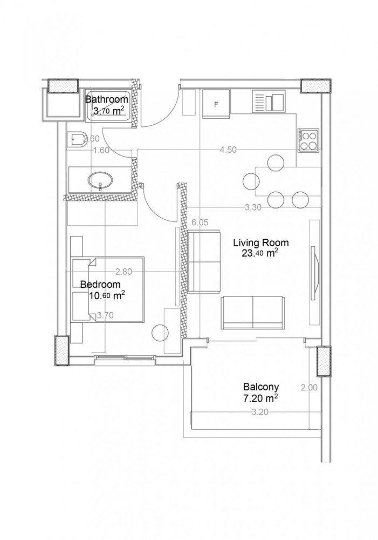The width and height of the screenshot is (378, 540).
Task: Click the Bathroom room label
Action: point(107,99)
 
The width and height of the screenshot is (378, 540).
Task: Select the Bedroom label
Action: point(100,284)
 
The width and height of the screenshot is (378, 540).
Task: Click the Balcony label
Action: point(260,387)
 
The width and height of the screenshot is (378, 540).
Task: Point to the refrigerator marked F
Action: point(216,104)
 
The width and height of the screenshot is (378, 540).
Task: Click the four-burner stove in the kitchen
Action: point(308,140)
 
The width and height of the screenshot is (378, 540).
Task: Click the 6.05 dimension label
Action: point(200,222)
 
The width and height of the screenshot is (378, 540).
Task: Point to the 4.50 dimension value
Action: point(228,151)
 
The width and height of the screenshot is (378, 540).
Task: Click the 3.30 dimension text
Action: point(253,207)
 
